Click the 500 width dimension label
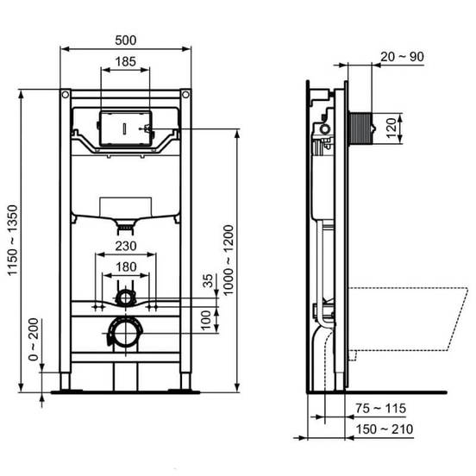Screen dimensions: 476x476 (126, 40)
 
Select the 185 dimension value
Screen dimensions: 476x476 (126, 61)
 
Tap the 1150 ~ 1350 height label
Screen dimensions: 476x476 (13, 241)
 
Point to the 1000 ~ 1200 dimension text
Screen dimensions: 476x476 (229, 260)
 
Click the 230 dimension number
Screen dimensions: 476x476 (126, 246)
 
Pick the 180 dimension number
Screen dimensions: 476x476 (126, 266)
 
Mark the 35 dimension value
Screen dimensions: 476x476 (208, 281)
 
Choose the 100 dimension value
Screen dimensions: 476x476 (206, 320)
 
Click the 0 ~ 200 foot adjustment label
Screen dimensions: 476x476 (34, 339)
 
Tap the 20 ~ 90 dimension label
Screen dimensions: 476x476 (402, 56)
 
